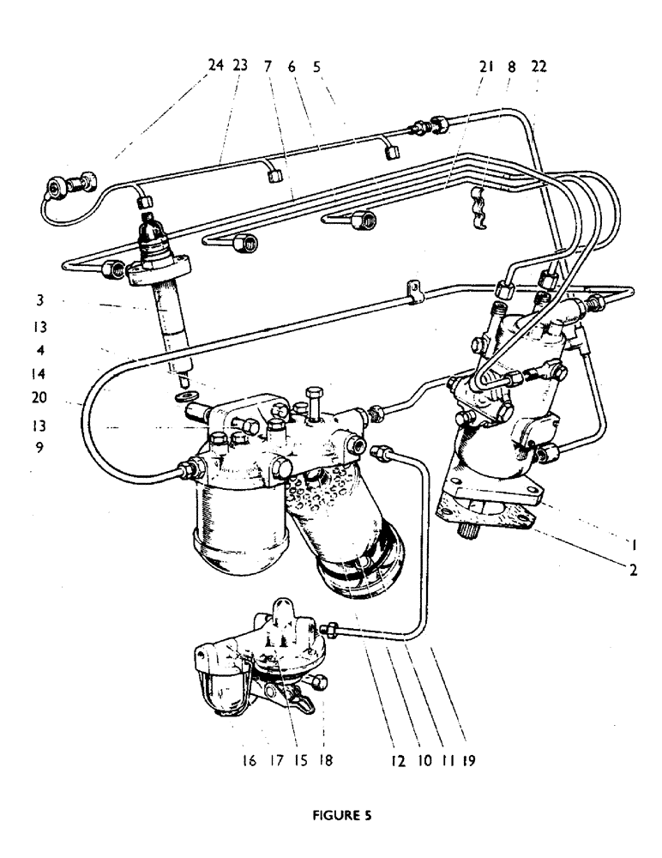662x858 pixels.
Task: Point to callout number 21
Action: pos(486,64)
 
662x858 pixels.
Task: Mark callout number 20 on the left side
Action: pos(40,398)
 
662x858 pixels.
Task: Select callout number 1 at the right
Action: pos(632,543)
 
